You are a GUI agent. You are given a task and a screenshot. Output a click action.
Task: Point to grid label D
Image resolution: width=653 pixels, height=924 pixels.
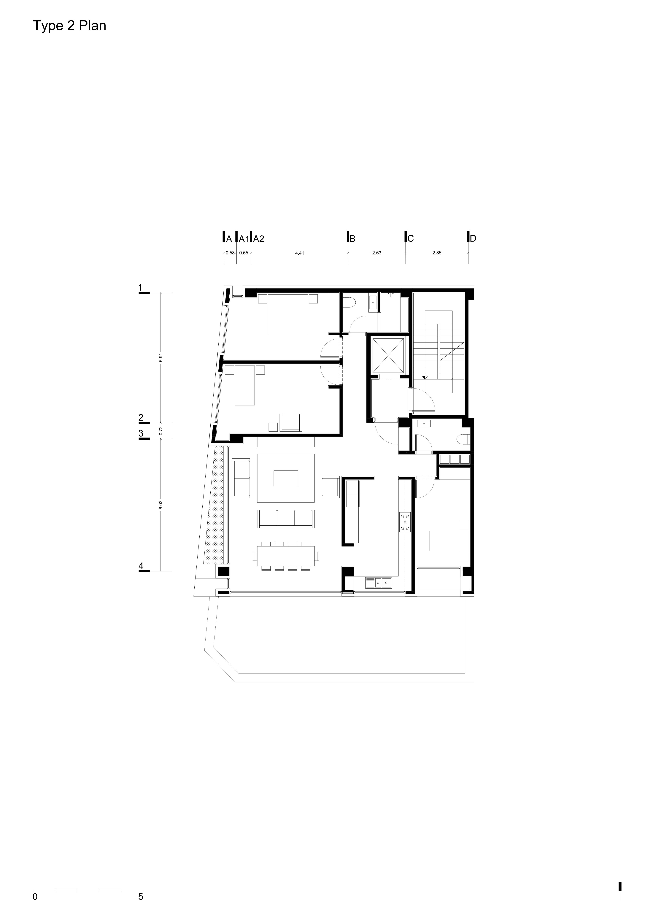point(473,239)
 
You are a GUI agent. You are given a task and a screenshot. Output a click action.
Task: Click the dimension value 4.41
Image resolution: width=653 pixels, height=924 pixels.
point(299,253)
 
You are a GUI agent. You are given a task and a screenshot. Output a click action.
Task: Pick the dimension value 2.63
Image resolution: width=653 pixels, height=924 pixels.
point(377,253)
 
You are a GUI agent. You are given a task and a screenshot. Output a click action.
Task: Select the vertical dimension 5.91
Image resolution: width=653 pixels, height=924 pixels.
point(161,358)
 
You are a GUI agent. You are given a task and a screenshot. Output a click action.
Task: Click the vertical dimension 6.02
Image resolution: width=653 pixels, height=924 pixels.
point(161,505)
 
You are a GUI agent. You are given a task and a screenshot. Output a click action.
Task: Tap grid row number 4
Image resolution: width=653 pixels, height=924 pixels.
point(141,566)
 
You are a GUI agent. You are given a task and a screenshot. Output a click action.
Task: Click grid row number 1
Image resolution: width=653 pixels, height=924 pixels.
point(140,288)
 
